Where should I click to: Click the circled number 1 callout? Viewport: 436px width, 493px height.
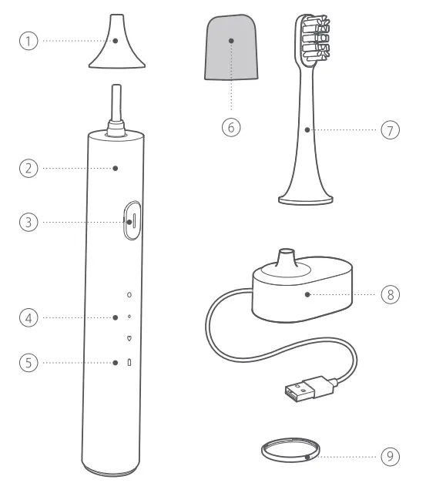29,40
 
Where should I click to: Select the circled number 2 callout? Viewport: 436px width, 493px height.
29,168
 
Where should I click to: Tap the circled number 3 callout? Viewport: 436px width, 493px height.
29,222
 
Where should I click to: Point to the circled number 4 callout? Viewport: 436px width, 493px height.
29,317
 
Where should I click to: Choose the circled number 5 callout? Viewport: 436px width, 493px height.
29,362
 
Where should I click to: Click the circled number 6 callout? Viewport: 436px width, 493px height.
231,126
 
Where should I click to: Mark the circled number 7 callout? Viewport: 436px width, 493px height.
391,129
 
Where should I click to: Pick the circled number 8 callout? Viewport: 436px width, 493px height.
391,293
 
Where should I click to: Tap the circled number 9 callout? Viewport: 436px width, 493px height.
391,456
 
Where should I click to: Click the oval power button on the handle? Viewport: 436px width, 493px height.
129,222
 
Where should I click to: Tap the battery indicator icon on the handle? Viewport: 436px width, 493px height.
129,362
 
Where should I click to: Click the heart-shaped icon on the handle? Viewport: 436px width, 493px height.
129,337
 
